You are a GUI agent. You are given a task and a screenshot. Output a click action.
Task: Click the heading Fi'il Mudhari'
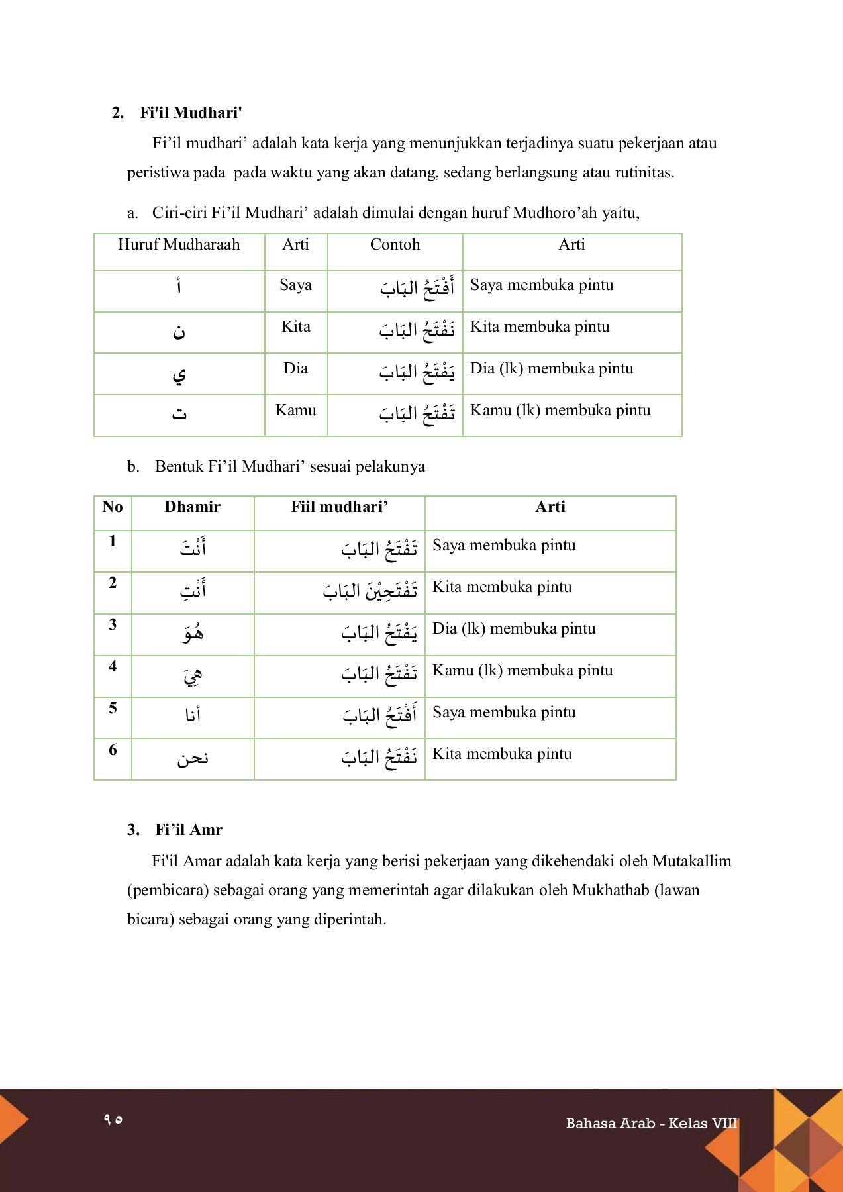190,113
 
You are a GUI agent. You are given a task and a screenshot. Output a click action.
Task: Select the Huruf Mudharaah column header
179,244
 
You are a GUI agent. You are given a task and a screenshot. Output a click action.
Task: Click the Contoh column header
395,244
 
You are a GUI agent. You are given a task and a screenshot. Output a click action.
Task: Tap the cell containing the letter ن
179,332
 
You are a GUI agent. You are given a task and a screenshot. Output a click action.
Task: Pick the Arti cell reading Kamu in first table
295,410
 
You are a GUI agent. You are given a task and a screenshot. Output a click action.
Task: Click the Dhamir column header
192,507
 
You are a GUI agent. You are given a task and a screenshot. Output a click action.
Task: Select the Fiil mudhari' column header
339,507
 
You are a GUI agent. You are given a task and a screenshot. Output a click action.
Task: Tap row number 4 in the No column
113,666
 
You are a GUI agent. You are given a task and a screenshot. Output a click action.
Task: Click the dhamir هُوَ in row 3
193,633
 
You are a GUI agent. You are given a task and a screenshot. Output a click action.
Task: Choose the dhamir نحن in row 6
193,758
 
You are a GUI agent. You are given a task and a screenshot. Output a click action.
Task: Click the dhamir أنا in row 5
193,715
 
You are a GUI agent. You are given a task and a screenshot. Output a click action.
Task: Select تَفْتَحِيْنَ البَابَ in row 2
370,591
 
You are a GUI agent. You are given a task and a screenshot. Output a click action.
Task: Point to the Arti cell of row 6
502,754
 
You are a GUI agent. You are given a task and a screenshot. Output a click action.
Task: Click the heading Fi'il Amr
188,830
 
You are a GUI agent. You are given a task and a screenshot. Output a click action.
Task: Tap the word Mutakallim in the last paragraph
691,861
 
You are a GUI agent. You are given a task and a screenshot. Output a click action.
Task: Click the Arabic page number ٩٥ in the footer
113,1119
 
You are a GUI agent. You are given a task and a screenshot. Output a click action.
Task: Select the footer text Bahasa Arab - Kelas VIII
651,1123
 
